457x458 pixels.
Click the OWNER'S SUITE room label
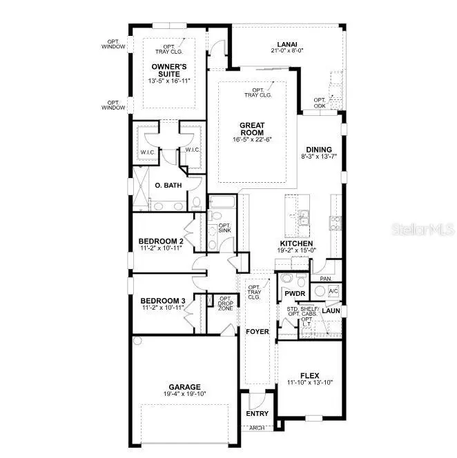(x=168, y=70)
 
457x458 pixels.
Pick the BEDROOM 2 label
(x=161, y=241)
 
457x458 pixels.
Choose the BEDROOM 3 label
(x=163, y=301)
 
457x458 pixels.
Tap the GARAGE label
(x=184, y=387)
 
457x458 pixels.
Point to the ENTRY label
(x=257, y=414)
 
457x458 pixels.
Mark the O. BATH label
(x=167, y=186)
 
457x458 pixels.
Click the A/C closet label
(x=333, y=292)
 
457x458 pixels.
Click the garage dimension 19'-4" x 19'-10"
(x=184, y=395)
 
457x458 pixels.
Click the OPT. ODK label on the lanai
(x=320, y=102)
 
